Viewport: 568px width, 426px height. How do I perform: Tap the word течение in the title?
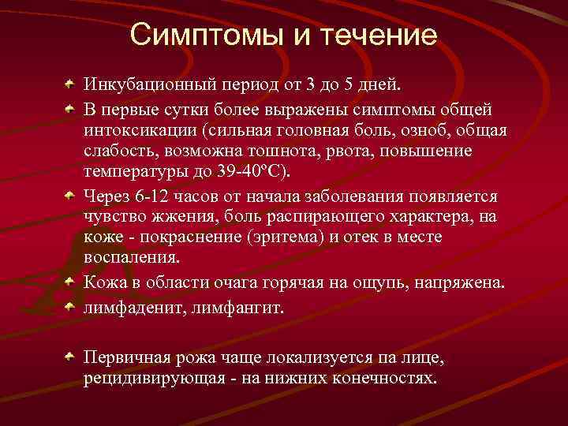[377, 35]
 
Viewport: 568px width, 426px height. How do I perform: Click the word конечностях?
[381, 377]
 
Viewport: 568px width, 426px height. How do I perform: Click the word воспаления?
[132, 257]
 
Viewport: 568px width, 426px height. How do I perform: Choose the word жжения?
[178, 217]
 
